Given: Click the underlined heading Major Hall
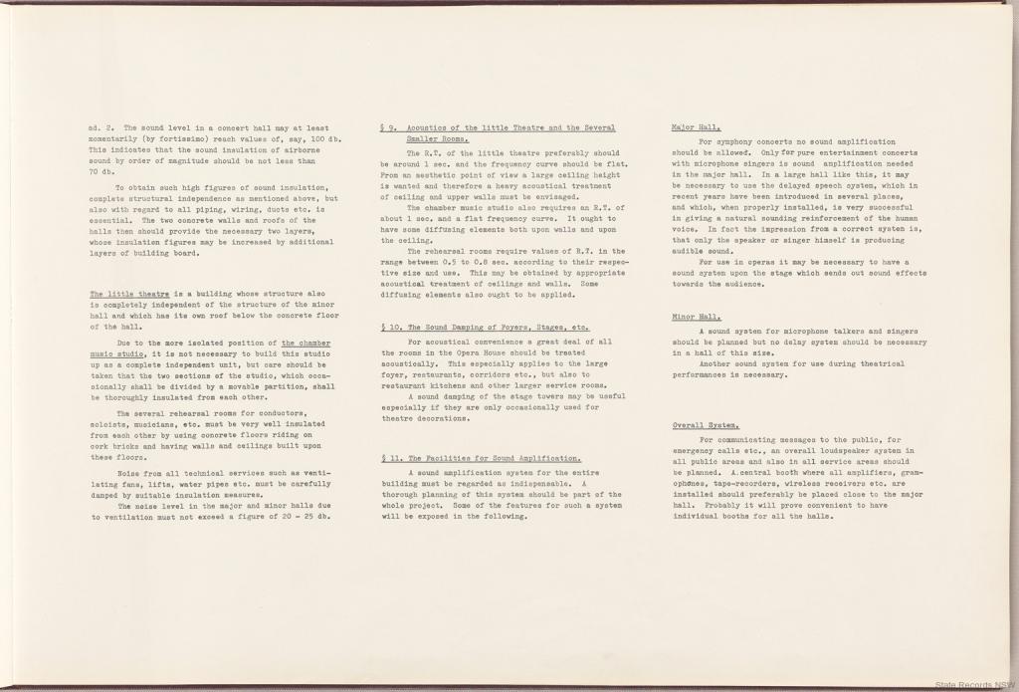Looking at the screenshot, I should pyautogui.click(x=697, y=128).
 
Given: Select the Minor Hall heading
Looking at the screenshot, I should pyautogui.click(x=697, y=317).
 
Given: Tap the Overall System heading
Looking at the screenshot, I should pyautogui.click(x=705, y=425).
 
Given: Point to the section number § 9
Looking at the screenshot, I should pyautogui.click(x=388, y=128).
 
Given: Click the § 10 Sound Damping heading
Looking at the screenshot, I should pyautogui.click(x=485, y=327).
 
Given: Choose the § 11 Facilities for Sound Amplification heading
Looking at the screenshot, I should pyautogui.click(x=482, y=458).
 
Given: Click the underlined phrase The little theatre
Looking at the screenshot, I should pyautogui.click(x=129, y=295).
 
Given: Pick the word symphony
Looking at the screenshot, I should pyautogui.click(x=733, y=141).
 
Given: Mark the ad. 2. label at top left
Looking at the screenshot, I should pyautogui.click(x=102, y=127).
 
